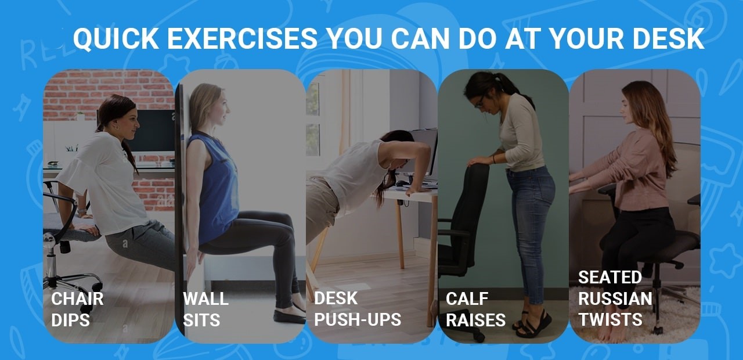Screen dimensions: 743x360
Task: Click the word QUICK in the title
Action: click(x=116, y=39)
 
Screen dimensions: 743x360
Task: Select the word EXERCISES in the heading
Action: click(x=242, y=38)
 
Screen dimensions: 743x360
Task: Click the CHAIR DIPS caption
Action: click(x=77, y=309)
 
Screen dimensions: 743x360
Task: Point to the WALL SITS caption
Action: click(x=205, y=309)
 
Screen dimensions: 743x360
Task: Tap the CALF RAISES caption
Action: click(x=475, y=309)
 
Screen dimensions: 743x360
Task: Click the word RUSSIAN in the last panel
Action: click(x=615, y=298)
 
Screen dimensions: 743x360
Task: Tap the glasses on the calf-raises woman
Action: click(x=479, y=102)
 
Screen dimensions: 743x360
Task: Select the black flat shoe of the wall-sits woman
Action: click(x=289, y=316)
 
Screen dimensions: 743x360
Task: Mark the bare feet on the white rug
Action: click(x=610, y=333)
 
